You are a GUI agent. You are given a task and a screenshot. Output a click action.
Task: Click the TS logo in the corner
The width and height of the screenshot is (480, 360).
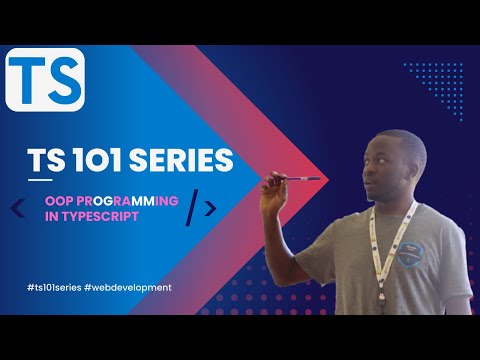pos(44,80)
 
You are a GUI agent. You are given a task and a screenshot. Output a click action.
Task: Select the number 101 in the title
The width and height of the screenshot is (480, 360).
pos(102,160)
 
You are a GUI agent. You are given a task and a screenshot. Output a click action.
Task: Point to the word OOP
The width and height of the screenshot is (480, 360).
pos(60,200)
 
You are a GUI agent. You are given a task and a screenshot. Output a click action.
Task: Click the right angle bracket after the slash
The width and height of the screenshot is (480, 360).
pos(210,208)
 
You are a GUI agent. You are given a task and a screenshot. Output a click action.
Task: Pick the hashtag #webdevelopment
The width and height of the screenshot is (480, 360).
pos(130,286)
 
